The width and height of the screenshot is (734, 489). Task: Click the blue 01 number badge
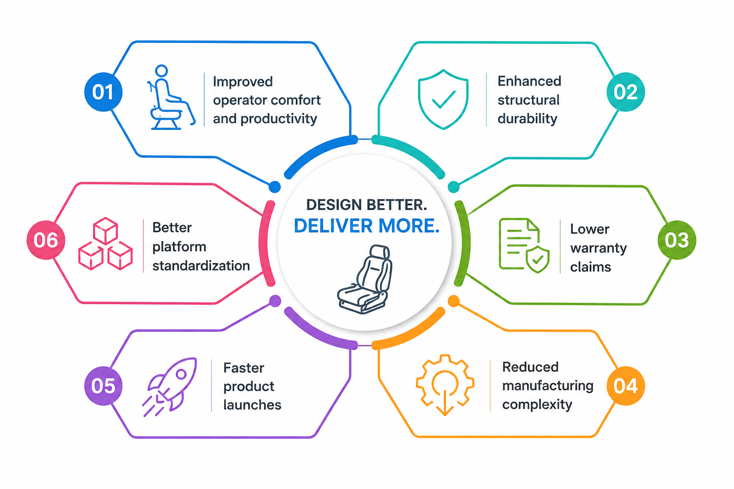[x=103, y=92]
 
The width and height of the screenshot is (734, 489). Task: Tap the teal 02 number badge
[x=626, y=92]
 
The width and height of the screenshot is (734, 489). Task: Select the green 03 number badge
[x=677, y=240]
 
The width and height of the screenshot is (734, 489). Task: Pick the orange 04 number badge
[x=626, y=386]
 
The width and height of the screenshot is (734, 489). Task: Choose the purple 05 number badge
[x=103, y=386]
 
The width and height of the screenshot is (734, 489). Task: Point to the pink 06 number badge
[x=46, y=240]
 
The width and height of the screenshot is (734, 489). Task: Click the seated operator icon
[x=171, y=97]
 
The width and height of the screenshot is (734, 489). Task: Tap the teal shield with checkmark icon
[x=443, y=99]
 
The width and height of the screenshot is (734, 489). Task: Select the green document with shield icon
[x=524, y=245]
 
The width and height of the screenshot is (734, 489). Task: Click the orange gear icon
[x=445, y=385]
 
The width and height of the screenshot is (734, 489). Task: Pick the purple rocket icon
[x=170, y=387]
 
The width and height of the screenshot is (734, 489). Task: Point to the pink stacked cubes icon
[x=106, y=244]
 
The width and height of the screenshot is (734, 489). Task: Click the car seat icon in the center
[x=365, y=279]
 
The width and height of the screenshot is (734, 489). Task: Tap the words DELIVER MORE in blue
[x=367, y=226]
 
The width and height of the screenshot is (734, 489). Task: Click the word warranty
[x=598, y=249]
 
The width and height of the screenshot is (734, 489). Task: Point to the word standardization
[x=201, y=266]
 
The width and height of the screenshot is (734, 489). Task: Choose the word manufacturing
[x=548, y=386]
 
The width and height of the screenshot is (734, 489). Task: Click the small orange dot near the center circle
[x=453, y=301]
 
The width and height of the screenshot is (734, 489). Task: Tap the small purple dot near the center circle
[x=275, y=301]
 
